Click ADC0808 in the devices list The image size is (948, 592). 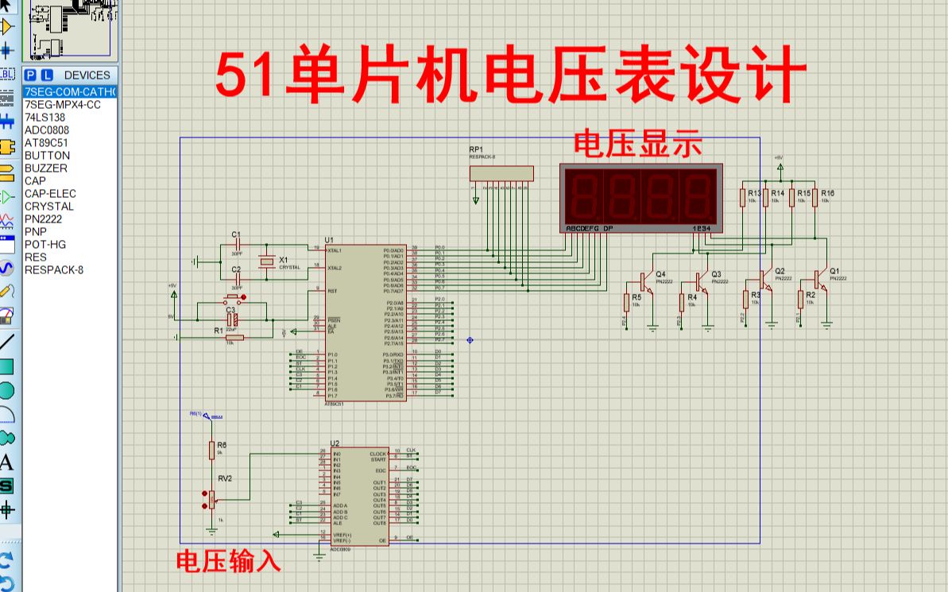[46, 130]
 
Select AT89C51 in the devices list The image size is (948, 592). [47, 142]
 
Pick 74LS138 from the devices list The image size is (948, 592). [44, 117]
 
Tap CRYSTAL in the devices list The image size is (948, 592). [48, 206]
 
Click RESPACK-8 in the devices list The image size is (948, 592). [53, 269]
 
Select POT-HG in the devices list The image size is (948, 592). [44, 244]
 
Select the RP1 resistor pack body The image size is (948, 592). [501, 173]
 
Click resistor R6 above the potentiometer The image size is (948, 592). [211, 451]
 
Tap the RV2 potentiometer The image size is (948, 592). [211, 499]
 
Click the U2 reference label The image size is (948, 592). [335, 443]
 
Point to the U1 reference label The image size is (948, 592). [329, 239]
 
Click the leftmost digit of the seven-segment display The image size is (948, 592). [583, 196]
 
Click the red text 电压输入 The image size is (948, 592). [228, 561]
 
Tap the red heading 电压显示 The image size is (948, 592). [638, 145]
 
